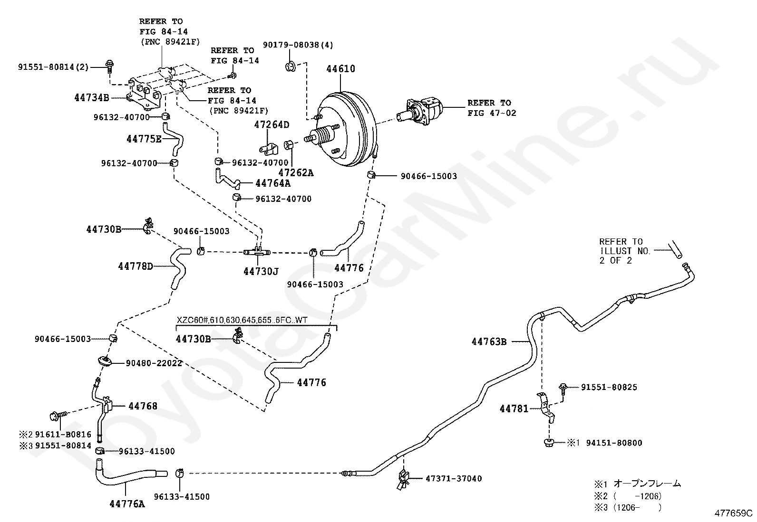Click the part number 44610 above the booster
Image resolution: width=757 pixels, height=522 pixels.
340,69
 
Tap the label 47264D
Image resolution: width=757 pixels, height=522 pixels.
272,125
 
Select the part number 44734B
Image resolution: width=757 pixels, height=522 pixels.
92,98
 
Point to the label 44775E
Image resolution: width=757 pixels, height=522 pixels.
144,139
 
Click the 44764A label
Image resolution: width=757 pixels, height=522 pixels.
273,183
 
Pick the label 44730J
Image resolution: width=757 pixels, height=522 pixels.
261,272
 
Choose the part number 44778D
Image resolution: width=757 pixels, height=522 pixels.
136,266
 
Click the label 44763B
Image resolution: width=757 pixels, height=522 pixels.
489,342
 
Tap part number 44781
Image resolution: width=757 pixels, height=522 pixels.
514,409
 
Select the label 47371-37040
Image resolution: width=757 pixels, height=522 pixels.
454,478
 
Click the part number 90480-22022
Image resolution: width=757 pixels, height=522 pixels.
154,363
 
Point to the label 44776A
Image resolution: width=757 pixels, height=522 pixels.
127,504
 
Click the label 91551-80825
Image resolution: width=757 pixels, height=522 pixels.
609,387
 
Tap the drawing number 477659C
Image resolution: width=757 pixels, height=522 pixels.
733,513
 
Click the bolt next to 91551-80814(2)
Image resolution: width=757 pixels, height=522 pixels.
109,66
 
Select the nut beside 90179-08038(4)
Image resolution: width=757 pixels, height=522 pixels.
291,67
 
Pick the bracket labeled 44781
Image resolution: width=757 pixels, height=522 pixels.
545,408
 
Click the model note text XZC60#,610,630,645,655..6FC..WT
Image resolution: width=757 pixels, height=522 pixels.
242,320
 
